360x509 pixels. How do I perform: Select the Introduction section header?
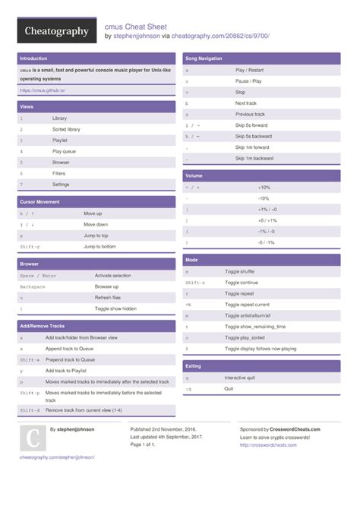pos(33,58)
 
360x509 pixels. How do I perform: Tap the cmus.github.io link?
pos(43,90)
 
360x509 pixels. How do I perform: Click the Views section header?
pos(27,106)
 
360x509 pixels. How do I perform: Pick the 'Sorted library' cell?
pos(66,129)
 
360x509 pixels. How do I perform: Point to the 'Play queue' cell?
pos(63,151)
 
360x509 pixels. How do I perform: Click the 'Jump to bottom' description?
pos(99,246)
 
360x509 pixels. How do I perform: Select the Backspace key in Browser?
pos(33,286)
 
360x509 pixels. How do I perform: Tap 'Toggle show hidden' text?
pos(115,308)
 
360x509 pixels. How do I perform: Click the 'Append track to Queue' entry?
pos(70,348)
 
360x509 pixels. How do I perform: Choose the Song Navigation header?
pos(204,58)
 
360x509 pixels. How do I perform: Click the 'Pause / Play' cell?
pos(248,80)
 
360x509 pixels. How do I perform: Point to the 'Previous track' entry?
pos(251,113)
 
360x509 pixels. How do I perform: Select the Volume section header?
pos(194,175)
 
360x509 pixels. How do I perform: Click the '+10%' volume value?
pos(264,187)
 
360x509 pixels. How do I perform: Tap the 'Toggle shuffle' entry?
pos(240,271)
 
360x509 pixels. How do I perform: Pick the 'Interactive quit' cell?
pos(240,378)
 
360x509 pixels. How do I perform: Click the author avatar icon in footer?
pos(33,438)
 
